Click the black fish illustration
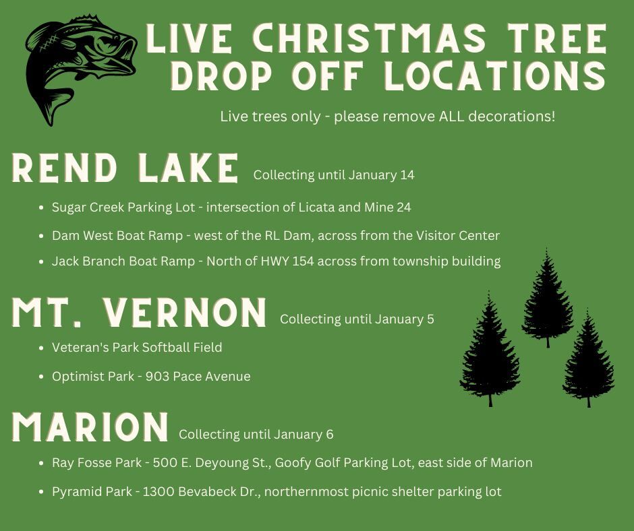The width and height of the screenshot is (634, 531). pyautogui.click(x=78, y=67)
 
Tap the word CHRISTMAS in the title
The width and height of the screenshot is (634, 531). pyautogui.click(x=357, y=39)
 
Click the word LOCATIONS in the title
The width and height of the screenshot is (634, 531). pyautogui.click(x=495, y=76)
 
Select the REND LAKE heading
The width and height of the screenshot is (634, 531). pyautogui.click(x=125, y=168)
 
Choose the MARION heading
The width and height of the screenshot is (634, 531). pyautogui.click(x=90, y=427)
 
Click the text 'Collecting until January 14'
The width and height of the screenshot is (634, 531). pyautogui.click(x=334, y=175)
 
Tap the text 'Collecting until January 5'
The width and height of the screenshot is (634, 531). pyautogui.click(x=357, y=319)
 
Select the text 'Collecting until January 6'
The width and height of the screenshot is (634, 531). pyautogui.click(x=256, y=435)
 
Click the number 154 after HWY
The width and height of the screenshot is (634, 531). pyautogui.click(x=303, y=261)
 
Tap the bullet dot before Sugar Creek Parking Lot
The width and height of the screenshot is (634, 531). pyautogui.click(x=42, y=208)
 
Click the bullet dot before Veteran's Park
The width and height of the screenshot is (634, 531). pyautogui.click(x=42, y=348)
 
